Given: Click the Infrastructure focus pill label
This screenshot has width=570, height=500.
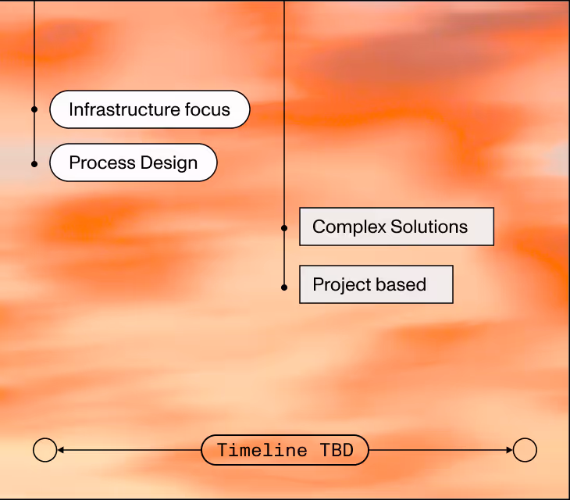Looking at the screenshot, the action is pyautogui.click(x=150, y=109).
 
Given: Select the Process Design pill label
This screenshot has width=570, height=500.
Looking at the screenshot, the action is pyautogui.click(x=134, y=162).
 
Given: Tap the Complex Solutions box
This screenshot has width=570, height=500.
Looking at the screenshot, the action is pyautogui.click(x=397, y=227).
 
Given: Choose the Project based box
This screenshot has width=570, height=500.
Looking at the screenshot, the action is pyautogui.click(x=376, y=284).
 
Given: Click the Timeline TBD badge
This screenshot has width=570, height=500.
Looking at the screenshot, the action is pyautogui.click(x=285, y=450).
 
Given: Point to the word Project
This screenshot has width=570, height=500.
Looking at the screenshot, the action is pyautogui.click(x=340, y=284).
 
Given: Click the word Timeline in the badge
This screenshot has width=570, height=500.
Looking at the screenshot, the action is pyautogui.click(x=263, y=450).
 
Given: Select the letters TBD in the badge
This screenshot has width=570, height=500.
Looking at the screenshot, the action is pyautogui.click(x=337, y=450).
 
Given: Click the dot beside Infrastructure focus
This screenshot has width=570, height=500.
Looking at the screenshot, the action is pyautogui.click(x=34, y=109).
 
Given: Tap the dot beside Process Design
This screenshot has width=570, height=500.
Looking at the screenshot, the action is pyautogui.click(x=34, y=163).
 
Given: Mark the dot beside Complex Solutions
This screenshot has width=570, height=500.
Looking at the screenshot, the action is pyautogui.click(x=284, y=228).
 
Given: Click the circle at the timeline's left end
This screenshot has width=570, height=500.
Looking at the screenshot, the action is pyautogui.click(x=45, y=450).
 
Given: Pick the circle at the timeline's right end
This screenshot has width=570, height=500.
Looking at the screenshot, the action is pyautogui.click(x=525, y=450).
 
